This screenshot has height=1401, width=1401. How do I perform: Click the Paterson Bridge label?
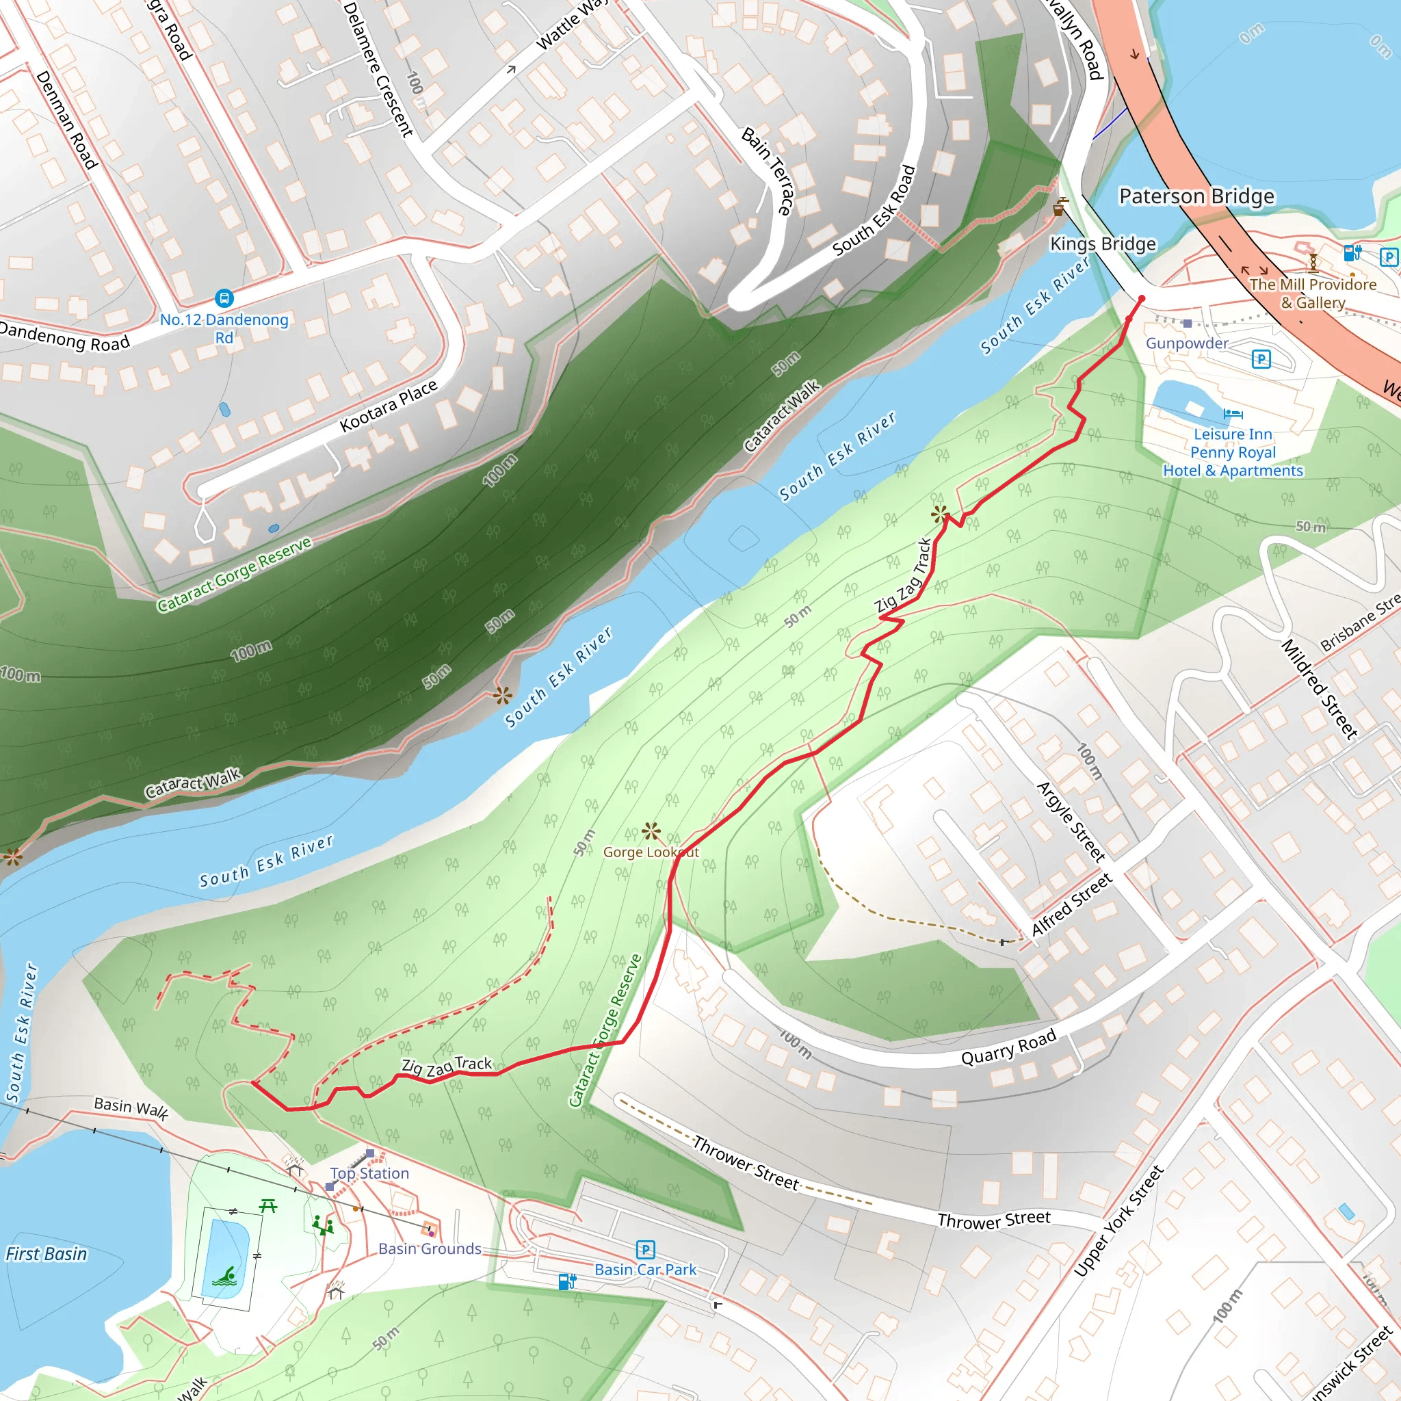[x=1196, y=196]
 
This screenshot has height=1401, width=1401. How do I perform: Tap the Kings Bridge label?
[x=1103, y=244]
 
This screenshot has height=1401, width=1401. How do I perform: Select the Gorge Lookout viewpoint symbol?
[x=651, y=831]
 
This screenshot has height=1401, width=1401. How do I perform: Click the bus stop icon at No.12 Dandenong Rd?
[x=224, y=298]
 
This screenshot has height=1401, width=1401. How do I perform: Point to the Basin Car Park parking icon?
[x=645, y=1249]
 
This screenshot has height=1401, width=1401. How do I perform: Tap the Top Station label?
[x=370, y=1173]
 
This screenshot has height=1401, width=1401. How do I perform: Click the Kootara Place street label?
[x=389, y=406]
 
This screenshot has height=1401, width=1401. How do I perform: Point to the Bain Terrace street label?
[x=765, y=171]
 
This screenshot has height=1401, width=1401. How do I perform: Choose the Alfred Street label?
[x=1072, y=905]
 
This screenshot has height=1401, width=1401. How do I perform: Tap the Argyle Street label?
[x=1071, y=822]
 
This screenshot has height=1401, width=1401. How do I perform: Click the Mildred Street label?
[x=1319, y=689]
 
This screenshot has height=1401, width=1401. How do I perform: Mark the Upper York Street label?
[x=1118, y=1220]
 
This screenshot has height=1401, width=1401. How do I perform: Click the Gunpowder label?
[x=1186, y=343]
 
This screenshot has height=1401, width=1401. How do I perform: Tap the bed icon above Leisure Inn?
[x=1233, y=414]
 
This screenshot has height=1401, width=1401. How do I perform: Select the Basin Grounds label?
[x=430, y=1248]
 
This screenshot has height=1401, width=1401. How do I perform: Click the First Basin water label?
[x=47, y=1254]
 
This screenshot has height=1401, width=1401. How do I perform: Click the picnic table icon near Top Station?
[x=268, y=1206]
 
